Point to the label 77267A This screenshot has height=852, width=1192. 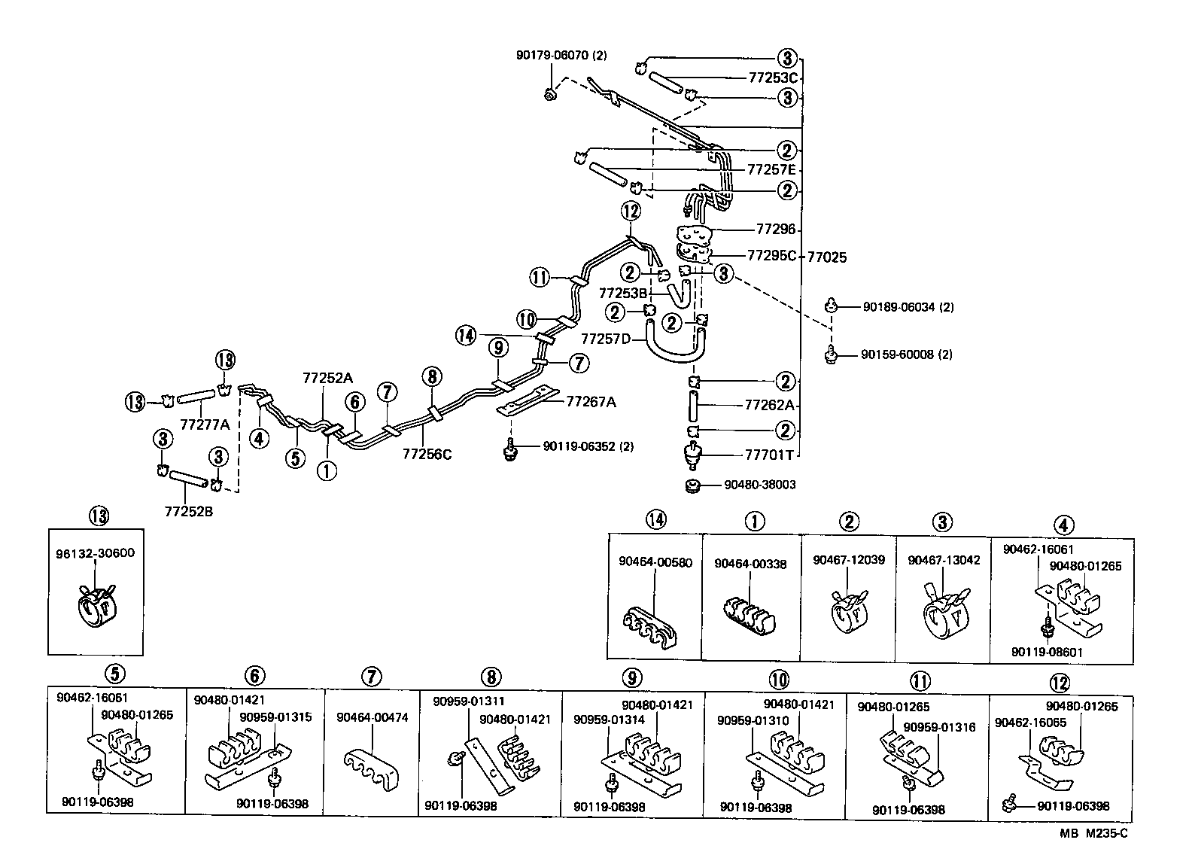(591, 402)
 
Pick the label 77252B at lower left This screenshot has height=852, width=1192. (188, 511)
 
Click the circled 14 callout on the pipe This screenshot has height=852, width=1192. (466, 335)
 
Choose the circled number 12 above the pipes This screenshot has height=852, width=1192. (631, 210)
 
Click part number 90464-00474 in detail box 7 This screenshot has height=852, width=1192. (372, 718)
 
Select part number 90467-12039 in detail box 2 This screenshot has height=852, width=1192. (848, 560)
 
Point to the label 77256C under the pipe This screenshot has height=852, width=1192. (427, 454)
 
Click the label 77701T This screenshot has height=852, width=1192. (769, 455)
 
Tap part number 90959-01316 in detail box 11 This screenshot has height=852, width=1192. (938, 727)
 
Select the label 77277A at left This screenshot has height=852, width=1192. (204, 424)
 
